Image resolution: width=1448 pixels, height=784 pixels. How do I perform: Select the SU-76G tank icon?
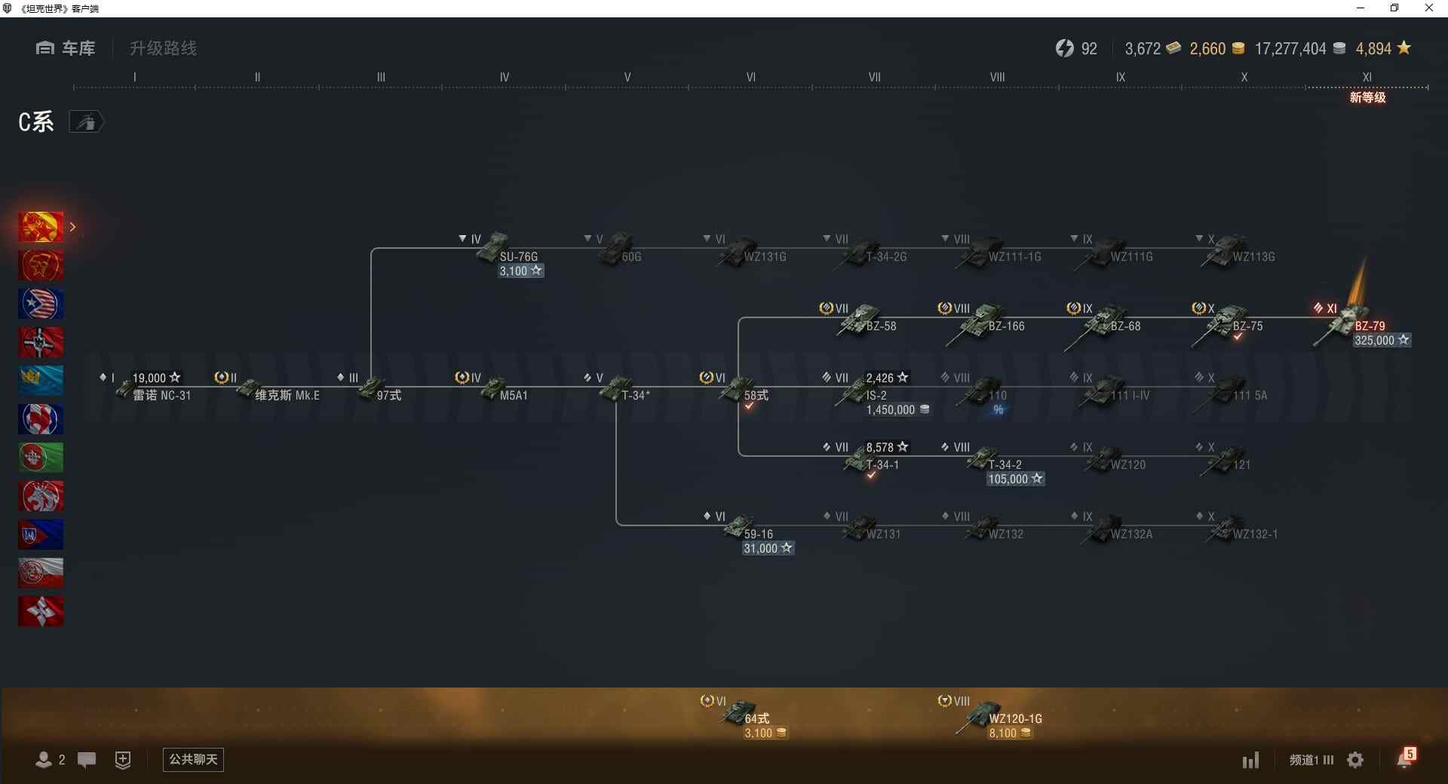[x=493, y=247]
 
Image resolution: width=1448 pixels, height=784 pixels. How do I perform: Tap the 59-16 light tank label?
[x=758, y=534]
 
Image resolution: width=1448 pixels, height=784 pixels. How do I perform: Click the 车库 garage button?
[x=66, y=48]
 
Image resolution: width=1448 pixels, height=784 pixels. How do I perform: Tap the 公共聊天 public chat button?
[x=193, y=759]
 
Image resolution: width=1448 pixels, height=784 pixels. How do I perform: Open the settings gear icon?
[x=1355, y=760]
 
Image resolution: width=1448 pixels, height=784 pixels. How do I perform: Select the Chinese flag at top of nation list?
[x=41, y=227]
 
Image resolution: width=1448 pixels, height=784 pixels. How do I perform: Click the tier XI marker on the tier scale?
[x=1367, y=78]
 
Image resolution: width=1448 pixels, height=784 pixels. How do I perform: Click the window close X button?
[x=1428, y=8]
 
